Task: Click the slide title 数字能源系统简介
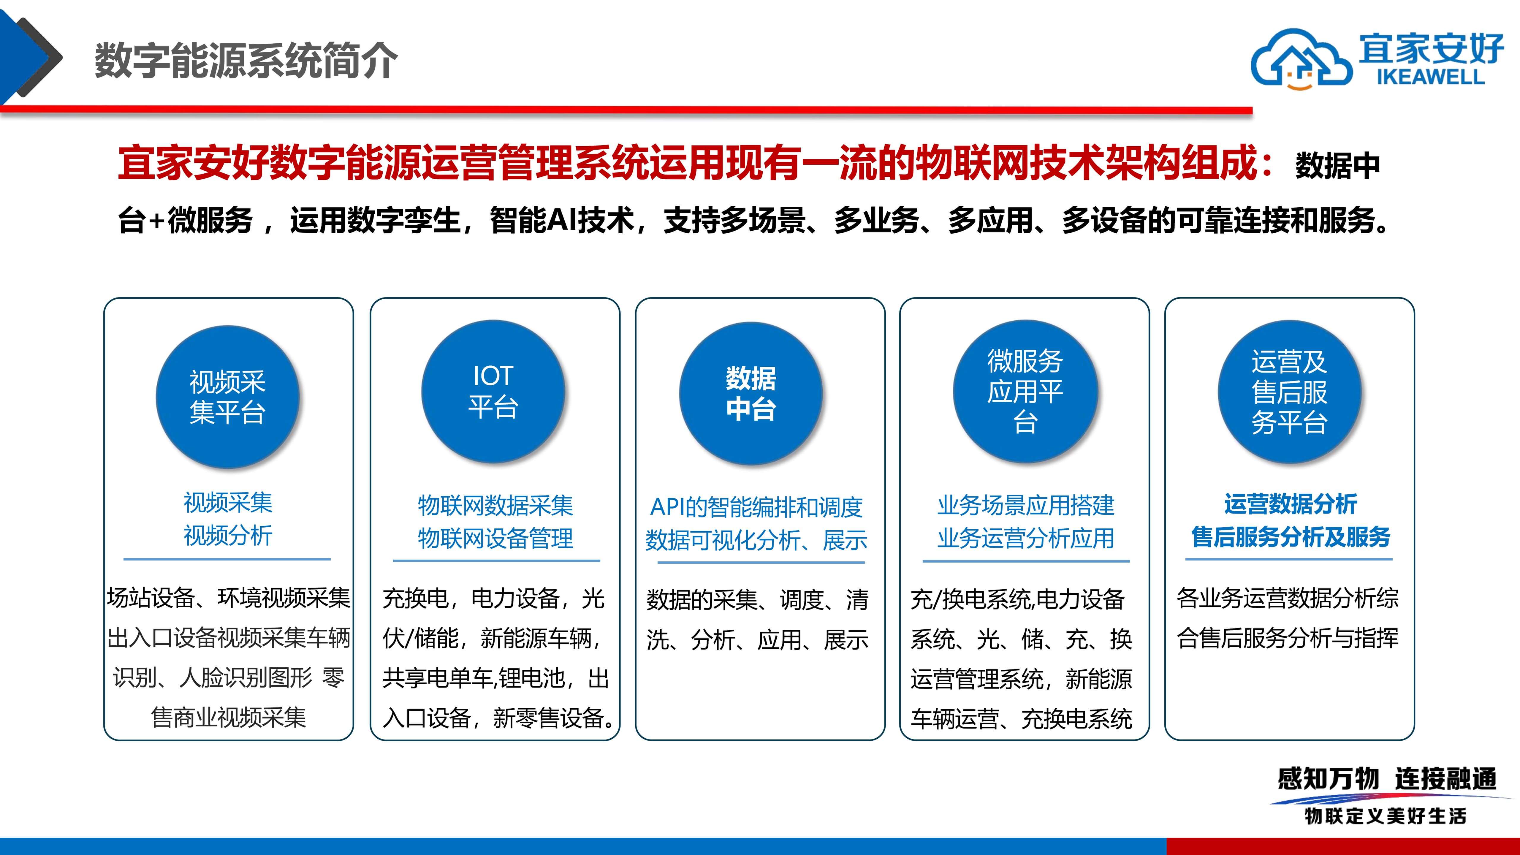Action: [246, 60]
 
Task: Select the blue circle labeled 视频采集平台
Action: [228, 397]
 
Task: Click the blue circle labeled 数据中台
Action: [751, 394]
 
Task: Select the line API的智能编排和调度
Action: [756, 507]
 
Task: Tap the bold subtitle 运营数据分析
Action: [1291, 504]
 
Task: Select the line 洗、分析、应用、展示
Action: [757, 640]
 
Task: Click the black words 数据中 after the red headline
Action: [1338, 166]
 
